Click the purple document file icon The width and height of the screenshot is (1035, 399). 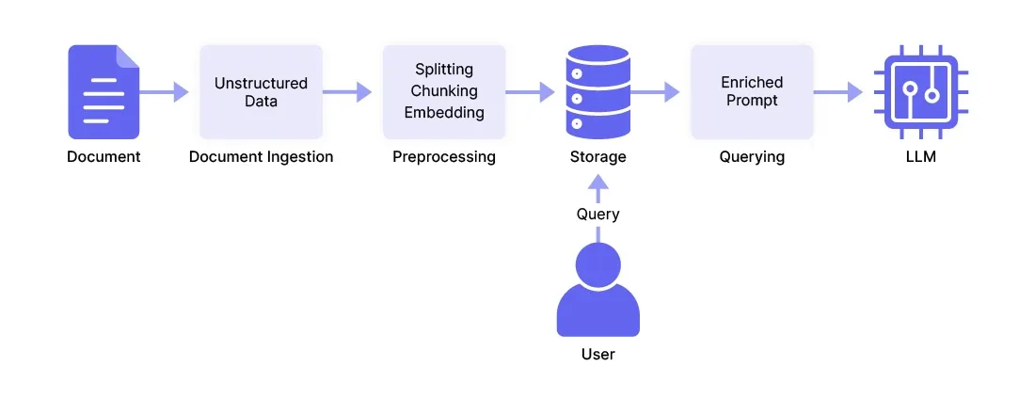click(x=103, y=92)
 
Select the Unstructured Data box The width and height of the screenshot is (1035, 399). click(x=261, y=92)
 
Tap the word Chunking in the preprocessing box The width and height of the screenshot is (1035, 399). click(x=444, y=91)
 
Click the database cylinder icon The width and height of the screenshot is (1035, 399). click(x=597, y=92)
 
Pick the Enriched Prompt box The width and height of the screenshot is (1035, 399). click(x=752, y=92)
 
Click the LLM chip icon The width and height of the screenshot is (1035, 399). click(x=921, y=92)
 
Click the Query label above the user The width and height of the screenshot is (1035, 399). click(x=597, y=215)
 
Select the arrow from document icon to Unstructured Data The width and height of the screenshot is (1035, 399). click(x=165, y=92)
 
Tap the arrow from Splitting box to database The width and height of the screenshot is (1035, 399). click(x=531, y=92)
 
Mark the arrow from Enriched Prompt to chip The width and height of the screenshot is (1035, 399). click(x=838, y=92)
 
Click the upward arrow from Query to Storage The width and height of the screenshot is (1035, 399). click(x=597, y=188)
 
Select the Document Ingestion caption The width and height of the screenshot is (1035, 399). click(x=261, y=157)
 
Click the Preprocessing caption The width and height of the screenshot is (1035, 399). click(x=444, y=157)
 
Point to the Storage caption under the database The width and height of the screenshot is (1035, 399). click(x=597, y=157)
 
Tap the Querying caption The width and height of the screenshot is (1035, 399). click(x=752, y=157)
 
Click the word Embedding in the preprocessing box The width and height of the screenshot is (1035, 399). click(x=444, y=113)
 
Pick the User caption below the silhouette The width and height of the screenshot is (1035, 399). click(x=597, y=355)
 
